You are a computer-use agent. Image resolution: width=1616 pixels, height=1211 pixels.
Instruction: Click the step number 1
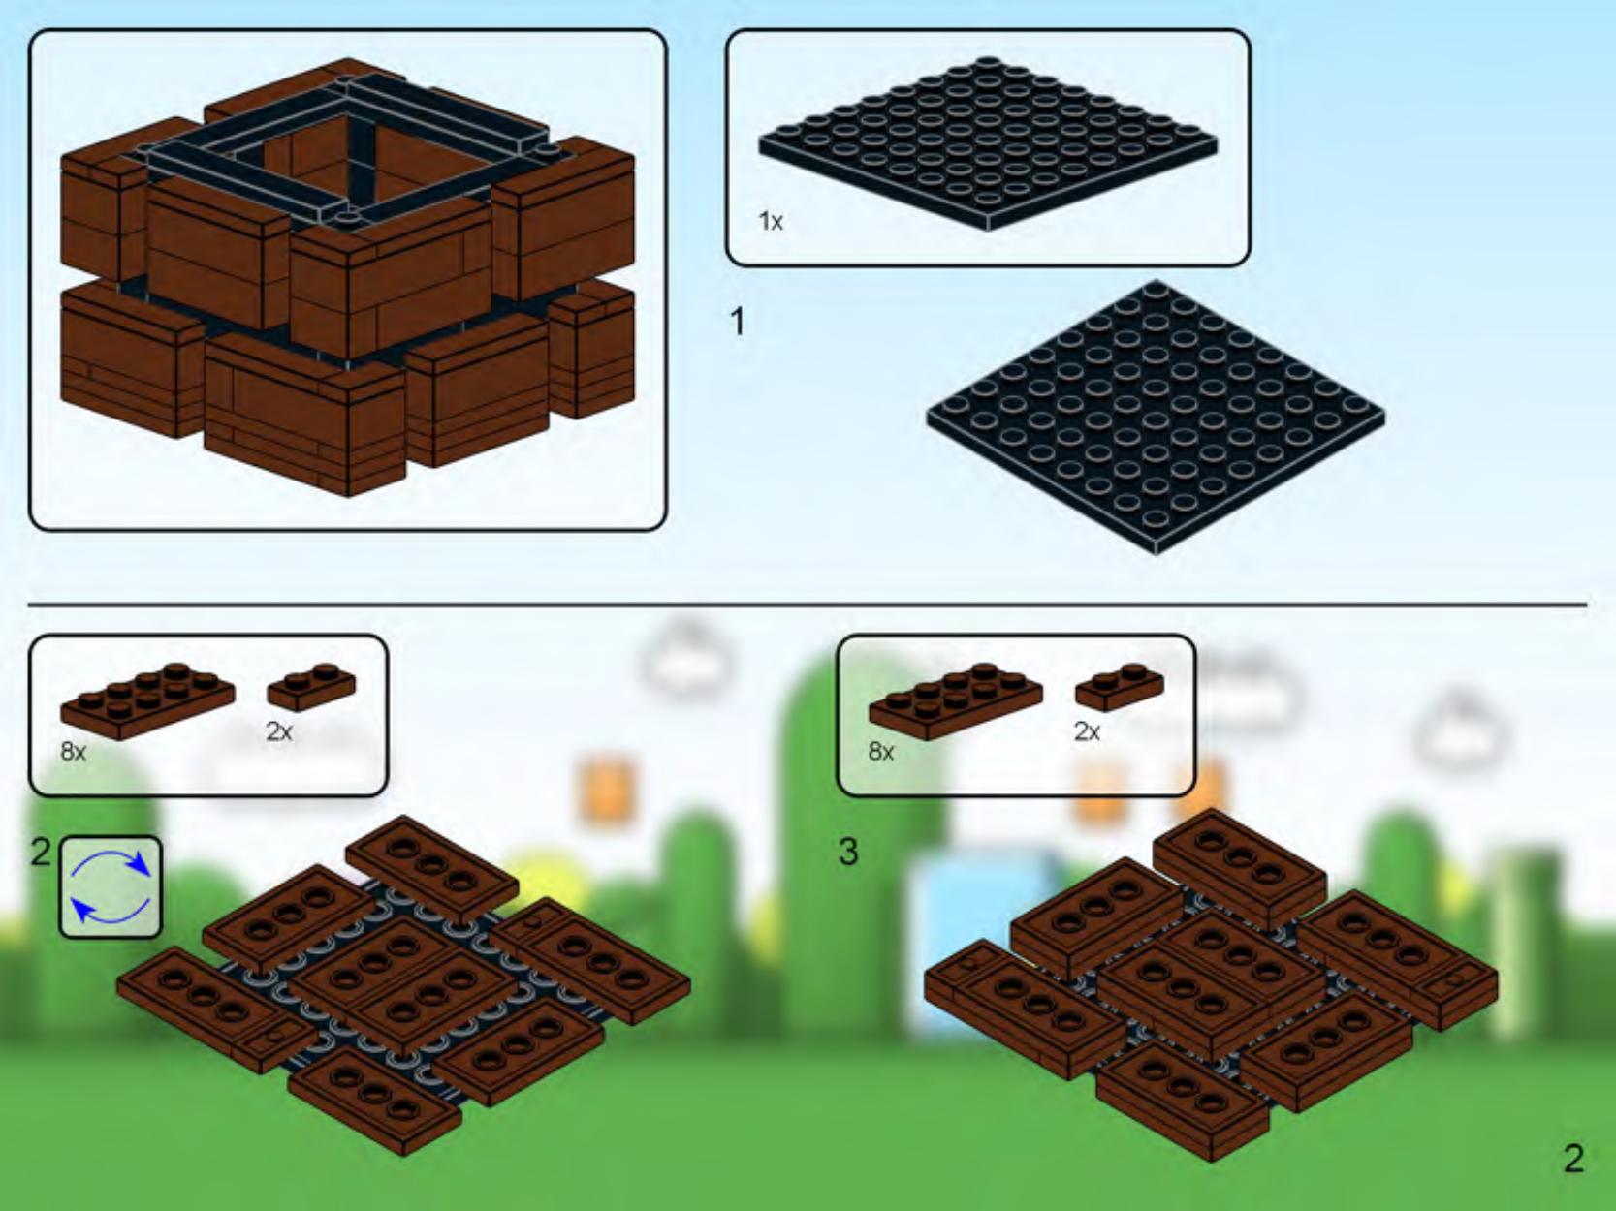(x=737, y=323)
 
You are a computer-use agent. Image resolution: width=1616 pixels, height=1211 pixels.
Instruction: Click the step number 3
(x=848, y=852)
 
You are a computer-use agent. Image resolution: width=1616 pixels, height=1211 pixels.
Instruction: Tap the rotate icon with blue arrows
(x=111, y=886)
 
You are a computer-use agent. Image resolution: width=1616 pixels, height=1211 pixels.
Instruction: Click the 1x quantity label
(x=771, y=221)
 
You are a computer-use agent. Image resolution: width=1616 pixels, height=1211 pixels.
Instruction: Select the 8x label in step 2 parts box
(x=74, y=751)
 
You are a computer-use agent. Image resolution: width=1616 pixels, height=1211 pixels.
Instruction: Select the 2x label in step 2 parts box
(x=279, y=731)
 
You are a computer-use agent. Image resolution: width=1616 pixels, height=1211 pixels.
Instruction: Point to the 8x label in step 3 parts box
(x=881, y=751)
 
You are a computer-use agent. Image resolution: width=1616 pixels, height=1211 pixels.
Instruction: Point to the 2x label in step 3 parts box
(x=1087, y=731)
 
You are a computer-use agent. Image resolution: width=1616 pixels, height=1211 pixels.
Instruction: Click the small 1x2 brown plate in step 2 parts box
(x=311, y=687)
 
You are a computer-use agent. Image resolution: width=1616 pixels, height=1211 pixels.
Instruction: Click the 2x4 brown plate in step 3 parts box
(x=956, y=701)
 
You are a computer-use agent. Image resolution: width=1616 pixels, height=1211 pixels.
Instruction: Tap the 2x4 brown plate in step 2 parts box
(x=147, y=701)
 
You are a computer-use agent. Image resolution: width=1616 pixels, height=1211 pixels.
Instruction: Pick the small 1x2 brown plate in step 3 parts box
(x=1120, y=687)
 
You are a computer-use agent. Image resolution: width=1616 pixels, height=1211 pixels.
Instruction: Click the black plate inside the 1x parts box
(x=988, y=143)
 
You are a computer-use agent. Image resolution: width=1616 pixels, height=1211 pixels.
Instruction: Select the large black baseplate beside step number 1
(x=1156, y=418)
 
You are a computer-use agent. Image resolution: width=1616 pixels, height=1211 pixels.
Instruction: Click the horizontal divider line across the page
(x=808, y=605)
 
